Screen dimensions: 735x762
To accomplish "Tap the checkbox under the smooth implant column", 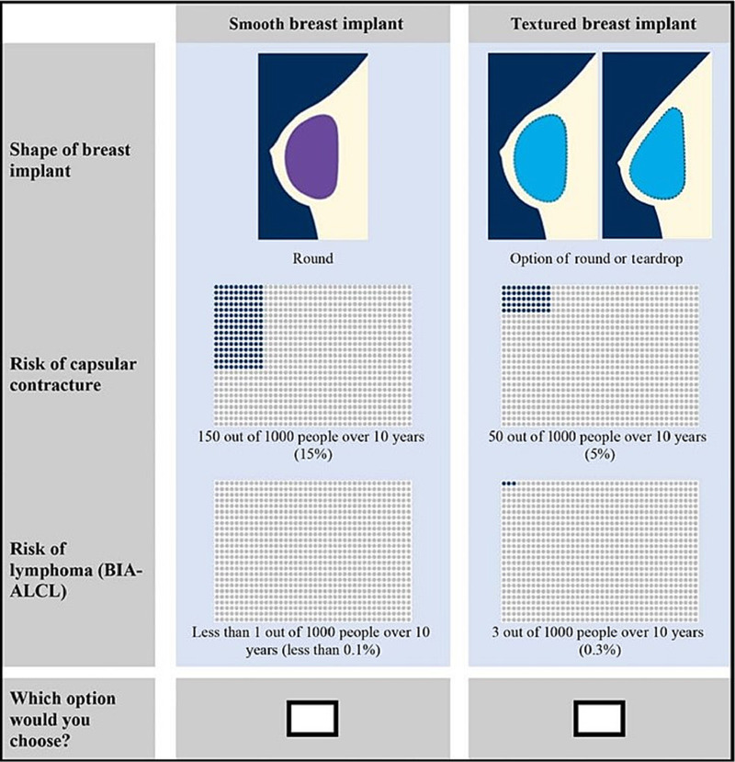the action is (x=312, y=718).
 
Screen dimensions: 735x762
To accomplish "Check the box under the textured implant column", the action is (x=600, y=718).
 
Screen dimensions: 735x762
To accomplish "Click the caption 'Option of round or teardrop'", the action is (x=601, y=259).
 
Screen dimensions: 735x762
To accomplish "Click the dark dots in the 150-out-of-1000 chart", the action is (x=238, y=326).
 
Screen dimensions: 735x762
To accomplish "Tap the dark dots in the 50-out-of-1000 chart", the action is (x=526, y=299).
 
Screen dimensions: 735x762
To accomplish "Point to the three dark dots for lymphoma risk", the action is (x=510, y=483).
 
